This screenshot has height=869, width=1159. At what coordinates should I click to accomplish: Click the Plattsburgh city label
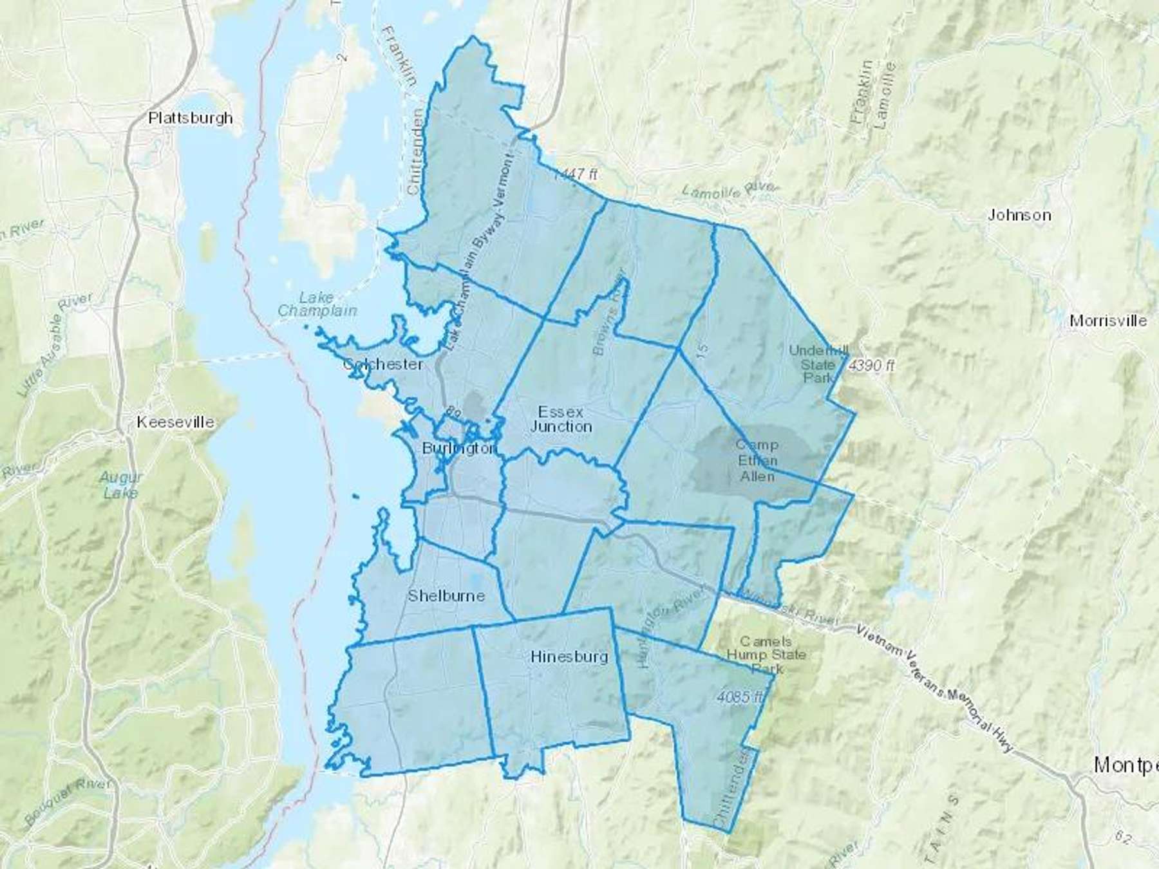191,118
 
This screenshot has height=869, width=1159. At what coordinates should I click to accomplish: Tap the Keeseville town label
175,422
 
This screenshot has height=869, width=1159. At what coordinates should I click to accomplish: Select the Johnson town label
1019,215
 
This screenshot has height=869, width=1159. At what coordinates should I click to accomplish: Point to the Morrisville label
1107,321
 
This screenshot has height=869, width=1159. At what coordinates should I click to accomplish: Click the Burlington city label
458,448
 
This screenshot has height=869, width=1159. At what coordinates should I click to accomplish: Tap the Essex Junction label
561,419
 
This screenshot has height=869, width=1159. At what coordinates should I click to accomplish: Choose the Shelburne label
446,595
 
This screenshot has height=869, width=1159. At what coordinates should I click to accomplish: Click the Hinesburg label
569,657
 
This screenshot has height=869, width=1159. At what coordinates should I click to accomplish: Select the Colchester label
383,364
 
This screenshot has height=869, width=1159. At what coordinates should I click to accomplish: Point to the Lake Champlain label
317,304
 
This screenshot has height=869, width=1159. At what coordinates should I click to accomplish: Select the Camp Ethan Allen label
757,460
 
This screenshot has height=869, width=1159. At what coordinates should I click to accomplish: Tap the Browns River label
608,312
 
